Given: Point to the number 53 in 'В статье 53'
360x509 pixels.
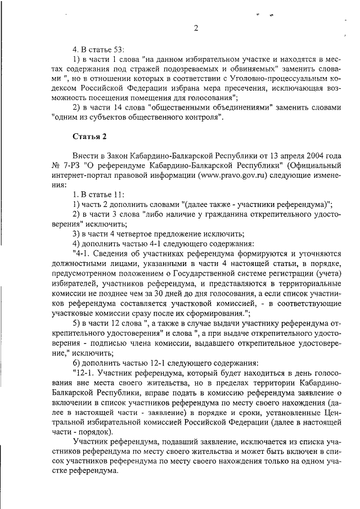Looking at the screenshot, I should [114, 49].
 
